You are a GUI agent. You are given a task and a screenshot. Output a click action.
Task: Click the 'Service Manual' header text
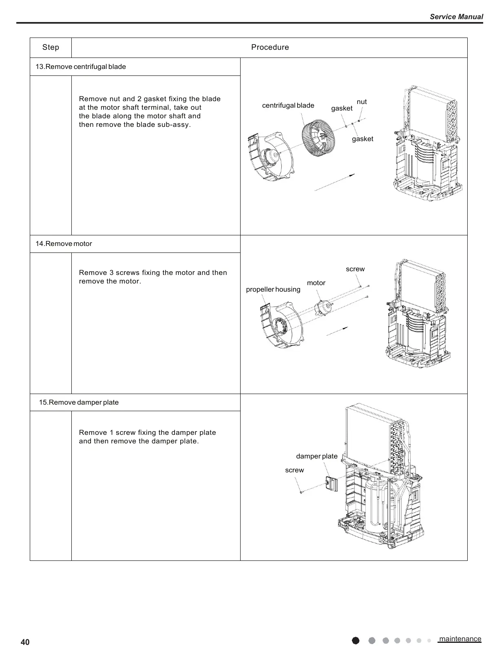[x=456, y=17]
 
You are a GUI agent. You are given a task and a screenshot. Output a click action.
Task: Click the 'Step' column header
[x=51, y=47]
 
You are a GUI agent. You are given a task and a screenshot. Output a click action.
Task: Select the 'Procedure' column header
[x=270, y=47]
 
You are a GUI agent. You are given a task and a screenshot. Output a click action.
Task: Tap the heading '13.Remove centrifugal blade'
[x=81, y=67]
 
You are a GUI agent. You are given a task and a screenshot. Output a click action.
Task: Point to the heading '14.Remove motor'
[x=64, y=244]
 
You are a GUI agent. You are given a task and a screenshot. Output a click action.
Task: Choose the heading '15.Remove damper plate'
[x=79, y=403]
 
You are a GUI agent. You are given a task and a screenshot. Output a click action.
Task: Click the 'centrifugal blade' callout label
[x=288, y=106]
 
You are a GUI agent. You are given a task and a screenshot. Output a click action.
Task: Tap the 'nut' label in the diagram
[x=361, y=102]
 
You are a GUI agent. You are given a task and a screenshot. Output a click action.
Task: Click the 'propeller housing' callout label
[x=273, y=290]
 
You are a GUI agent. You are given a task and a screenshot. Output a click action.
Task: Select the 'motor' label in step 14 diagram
[x=316, y=283]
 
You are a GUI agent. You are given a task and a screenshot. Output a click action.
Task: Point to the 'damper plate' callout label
[x=316, y=456]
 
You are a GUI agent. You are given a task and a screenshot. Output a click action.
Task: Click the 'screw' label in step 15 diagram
[x=294, y=470]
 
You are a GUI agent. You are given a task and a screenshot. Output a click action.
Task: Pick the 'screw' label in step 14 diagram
[x=355, y=269]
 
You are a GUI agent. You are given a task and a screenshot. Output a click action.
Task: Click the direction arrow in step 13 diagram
[x=334, y=182]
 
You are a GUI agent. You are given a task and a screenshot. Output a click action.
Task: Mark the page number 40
[x=25, y=643]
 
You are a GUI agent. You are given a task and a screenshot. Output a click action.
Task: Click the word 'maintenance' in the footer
[x=460, y=639]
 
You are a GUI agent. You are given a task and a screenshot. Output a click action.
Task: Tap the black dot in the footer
[x=356, y=640]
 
